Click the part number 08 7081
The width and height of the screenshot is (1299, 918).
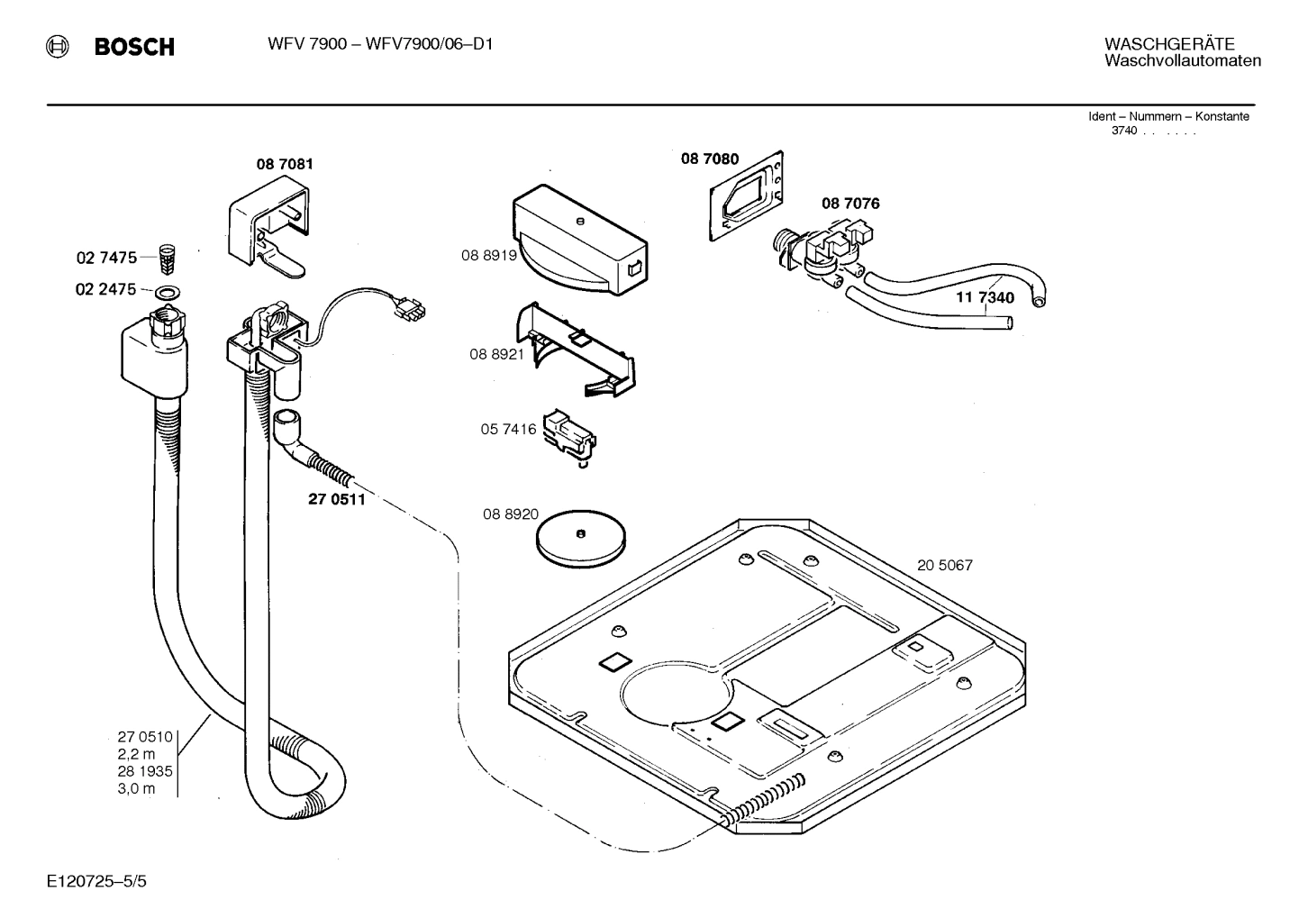pos(285,164)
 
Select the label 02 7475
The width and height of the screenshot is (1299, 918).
pos(106,258)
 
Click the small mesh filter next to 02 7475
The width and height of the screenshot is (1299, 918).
pos(165,259)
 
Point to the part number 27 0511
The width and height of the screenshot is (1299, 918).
pos(337,499)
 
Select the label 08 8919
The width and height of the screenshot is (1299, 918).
pos(488,255)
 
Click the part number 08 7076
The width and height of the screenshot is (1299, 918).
pos(849,204)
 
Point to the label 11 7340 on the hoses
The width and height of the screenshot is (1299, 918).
pos(985,297)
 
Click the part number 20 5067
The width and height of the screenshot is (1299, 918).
pos(944,566)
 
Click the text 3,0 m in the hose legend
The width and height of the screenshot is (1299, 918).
pos(136,789)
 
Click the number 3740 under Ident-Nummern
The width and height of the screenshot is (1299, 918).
pos(1124,130)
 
